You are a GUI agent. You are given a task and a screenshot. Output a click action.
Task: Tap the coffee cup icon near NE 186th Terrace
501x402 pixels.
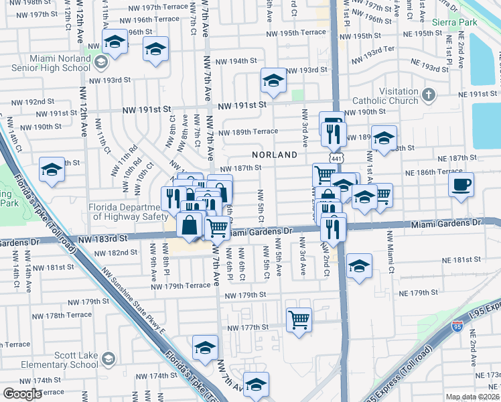[461, 184]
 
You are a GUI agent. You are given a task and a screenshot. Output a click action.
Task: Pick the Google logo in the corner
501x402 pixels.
[22, 394]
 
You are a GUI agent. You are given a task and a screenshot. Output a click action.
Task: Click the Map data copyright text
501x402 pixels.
[473, 397]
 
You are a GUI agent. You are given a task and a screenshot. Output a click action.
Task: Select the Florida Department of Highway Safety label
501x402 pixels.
[128, 212]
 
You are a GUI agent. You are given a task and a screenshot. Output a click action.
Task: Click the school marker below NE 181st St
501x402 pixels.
[359, 266]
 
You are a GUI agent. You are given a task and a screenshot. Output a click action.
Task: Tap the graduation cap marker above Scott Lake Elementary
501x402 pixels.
[205, 347]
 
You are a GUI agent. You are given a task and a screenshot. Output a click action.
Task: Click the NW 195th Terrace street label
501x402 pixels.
[295, 32]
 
